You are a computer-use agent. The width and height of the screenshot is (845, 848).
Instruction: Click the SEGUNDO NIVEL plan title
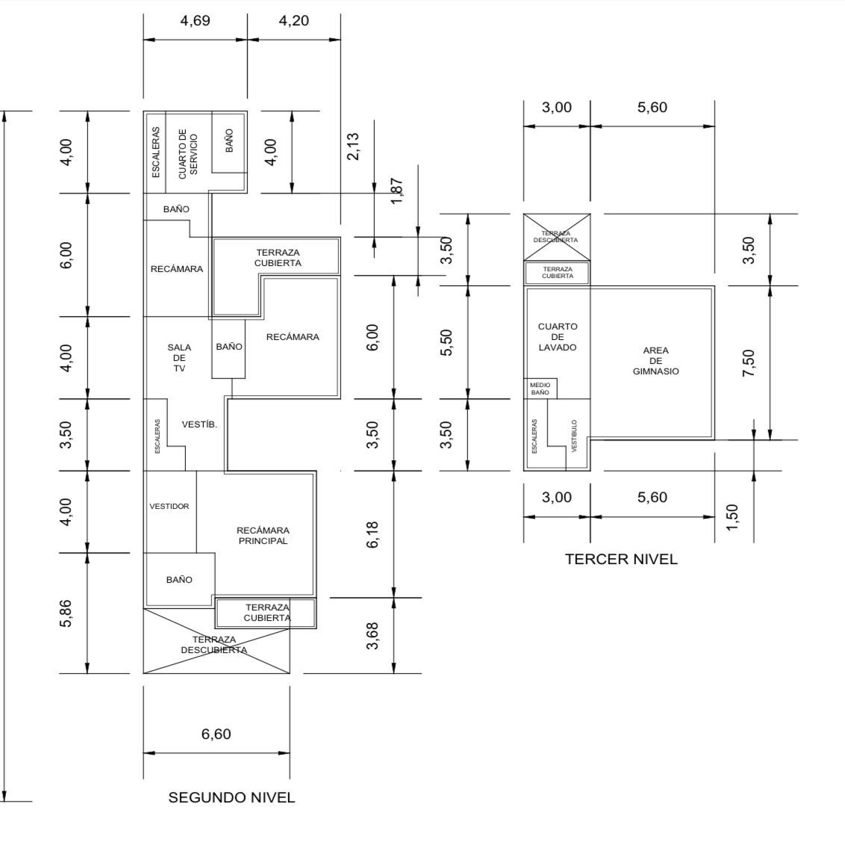231,797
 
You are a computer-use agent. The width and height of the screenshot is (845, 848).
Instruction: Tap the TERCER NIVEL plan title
621,559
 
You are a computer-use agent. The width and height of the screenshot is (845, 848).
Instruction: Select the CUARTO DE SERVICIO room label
188,152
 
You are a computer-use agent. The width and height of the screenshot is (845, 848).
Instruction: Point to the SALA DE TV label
179,358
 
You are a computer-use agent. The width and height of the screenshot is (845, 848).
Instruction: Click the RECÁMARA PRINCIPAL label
263,536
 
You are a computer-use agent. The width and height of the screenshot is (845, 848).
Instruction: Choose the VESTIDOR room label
169,507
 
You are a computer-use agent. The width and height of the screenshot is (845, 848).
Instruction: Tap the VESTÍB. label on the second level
199,424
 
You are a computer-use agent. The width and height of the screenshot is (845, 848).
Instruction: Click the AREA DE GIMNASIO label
655,361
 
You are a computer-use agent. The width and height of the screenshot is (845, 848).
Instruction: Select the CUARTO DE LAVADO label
558,337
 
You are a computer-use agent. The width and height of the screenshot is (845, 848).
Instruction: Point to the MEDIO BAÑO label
540,389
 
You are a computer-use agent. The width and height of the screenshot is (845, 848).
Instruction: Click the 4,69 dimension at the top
195,21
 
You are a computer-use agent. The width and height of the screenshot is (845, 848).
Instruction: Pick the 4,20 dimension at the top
293,21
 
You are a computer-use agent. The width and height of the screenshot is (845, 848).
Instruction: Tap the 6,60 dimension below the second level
216,734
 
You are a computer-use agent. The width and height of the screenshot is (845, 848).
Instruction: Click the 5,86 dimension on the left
66,613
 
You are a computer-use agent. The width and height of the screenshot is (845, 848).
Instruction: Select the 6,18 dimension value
373,534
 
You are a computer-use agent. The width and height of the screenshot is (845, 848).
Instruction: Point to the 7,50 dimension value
749,363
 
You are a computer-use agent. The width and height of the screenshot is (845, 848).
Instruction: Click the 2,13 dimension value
353,146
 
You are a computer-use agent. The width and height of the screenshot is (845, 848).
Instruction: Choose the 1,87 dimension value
396,191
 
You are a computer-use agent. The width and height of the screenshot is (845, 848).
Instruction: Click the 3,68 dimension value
373,636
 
